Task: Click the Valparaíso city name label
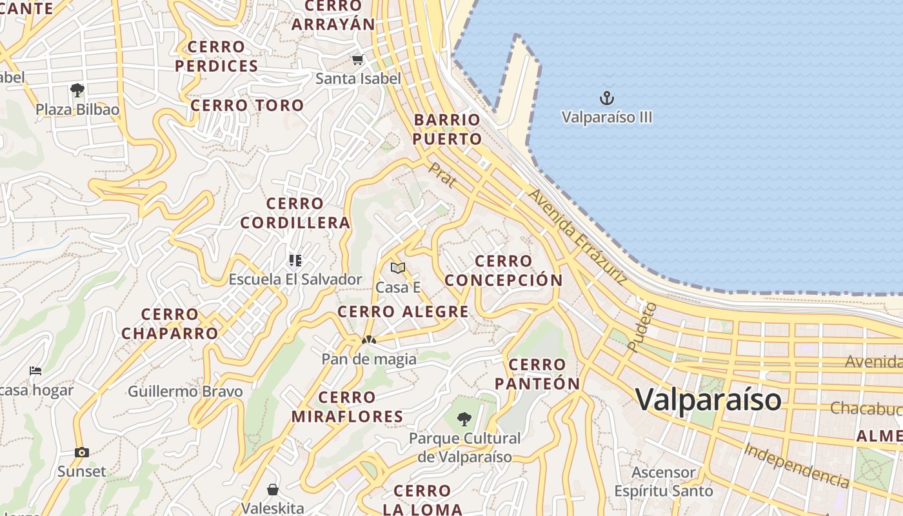coord(708,399)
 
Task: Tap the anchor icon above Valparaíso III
coord(606,99)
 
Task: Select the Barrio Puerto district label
coord(447,129)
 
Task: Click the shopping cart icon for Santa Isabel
coord(358,60)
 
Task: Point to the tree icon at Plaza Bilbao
coord(77,90)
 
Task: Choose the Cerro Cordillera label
coord(295,213)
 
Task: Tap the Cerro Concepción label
coord(503,270)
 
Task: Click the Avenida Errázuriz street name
coord(577,237)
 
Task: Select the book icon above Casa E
coord(398,268)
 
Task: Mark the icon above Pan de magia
coord(369,339)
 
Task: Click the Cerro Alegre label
coord(403,312)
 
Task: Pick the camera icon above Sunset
coord(81,452)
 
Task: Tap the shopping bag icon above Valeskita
coord(273,490)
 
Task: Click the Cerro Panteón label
coord(537,374)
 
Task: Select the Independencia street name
coord(796,465)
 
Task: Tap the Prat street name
coord(442,175)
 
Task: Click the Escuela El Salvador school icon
coord(295,261)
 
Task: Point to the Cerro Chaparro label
coord(170,324)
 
